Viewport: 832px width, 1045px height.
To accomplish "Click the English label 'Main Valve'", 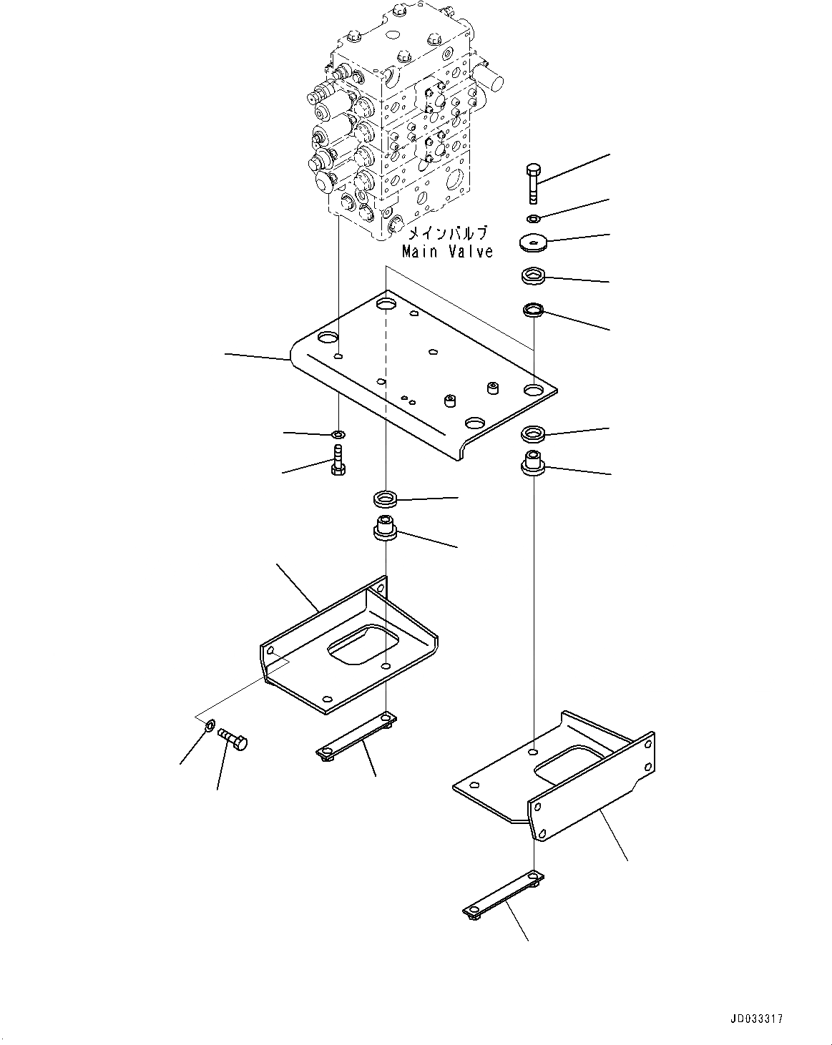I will tap(447, 252).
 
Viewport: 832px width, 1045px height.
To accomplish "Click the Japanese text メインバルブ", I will tap(447, 233).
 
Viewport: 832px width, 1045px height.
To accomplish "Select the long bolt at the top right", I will tap(534, 182).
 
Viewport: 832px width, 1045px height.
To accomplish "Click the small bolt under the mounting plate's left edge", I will tap(338, 461).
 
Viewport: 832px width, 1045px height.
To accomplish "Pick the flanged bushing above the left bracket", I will tap(385, 529).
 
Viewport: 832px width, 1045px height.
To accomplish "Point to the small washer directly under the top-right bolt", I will tap(534, 217).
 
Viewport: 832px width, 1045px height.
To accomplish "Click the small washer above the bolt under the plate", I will tap(338, 434).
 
